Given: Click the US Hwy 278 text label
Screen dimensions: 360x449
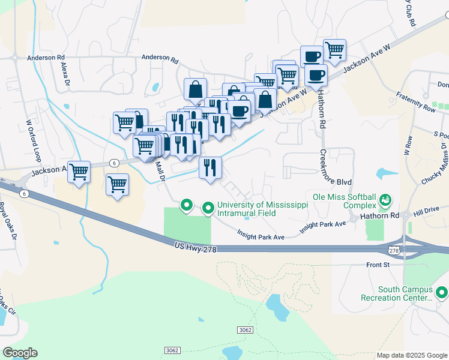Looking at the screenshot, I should (x=196, y=246).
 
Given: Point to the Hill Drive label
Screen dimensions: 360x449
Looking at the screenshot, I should (x=426, y=209).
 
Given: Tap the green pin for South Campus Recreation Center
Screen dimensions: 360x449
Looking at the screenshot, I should (x=442, y=293).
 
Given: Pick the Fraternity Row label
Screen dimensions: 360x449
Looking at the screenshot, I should (x=416, y=102).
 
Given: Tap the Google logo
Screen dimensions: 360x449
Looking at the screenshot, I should (x=20, y=353).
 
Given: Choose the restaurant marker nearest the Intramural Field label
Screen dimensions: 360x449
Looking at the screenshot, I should (x=209, y=167).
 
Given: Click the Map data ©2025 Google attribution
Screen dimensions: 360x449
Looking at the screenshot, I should (x=411, y=355).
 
